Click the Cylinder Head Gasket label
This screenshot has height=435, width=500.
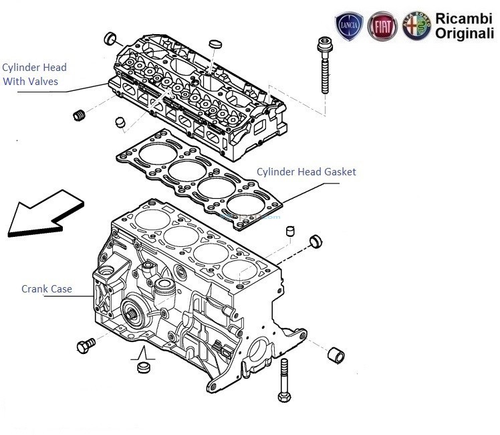(306, 172)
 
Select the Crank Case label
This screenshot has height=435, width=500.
(46, 289)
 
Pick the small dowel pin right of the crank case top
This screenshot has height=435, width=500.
(290, 232)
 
